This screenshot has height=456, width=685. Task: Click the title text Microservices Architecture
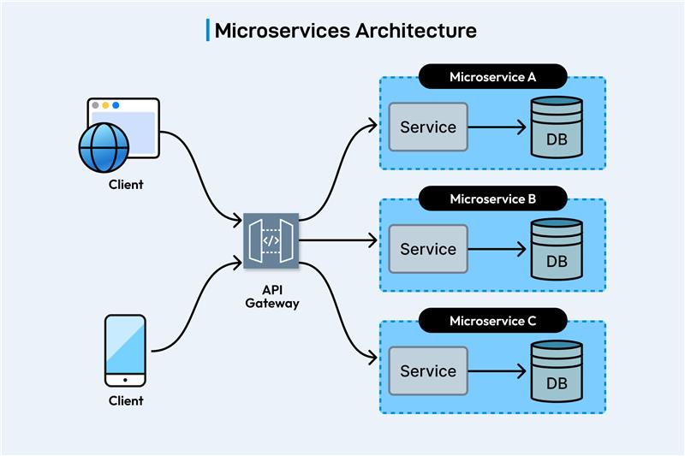point(344,31)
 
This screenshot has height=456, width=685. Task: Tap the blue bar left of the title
point(207,30)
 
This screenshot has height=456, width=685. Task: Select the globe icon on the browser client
point(103,147)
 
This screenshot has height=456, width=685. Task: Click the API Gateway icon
point(271,240)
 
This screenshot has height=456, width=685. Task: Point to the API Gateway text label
point(271,296)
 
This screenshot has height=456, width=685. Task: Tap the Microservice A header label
point(492,77)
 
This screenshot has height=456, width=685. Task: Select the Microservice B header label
point(492,198)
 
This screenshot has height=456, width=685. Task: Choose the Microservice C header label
point(492,321)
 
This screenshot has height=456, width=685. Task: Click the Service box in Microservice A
point(428,127)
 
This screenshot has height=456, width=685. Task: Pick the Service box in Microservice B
point(428,250)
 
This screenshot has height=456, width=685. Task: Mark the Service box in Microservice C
point(428,372)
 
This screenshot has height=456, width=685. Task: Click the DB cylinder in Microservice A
point(556,128)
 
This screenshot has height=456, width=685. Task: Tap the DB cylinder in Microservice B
point(556,250)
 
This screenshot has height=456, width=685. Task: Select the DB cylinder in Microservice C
point(556,372)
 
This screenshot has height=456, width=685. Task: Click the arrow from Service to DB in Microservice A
point(497,128)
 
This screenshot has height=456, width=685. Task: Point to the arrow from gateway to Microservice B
point(338,241)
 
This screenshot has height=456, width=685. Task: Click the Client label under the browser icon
point(126,184)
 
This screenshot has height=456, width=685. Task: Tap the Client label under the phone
point(126,400)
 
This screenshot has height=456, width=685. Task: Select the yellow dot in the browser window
point(105,105)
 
